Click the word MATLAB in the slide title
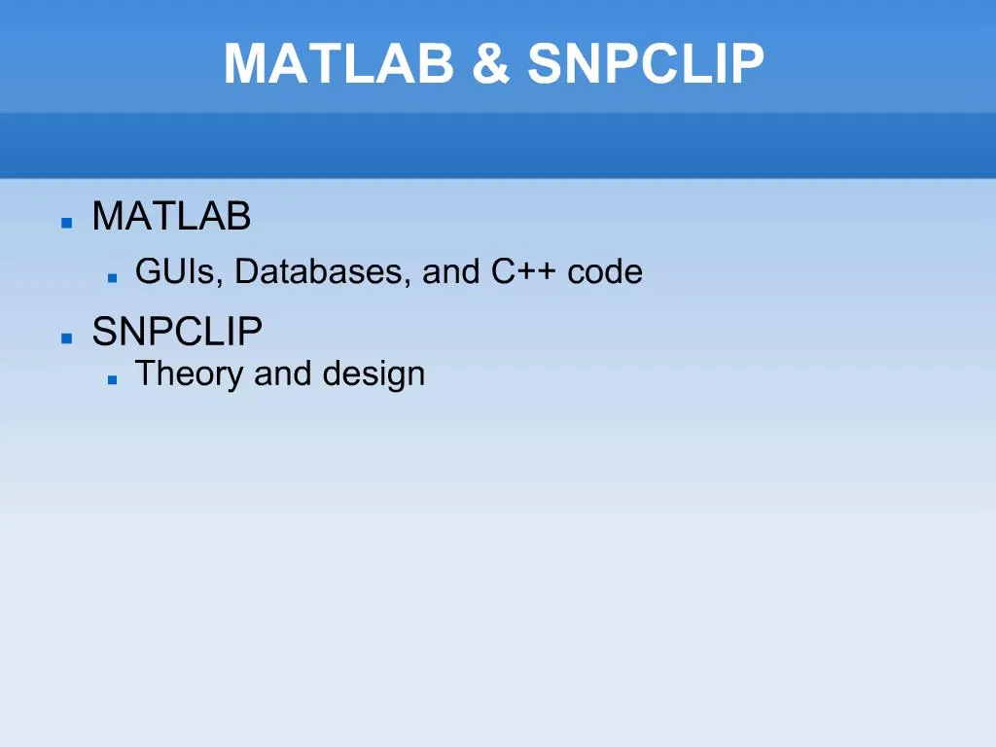pos(339,63)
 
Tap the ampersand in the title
pos(491,63)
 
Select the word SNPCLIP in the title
pos(646,63)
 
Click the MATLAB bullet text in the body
pos(171,216)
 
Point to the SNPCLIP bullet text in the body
pos(177,331)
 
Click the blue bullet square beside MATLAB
pos(67,223)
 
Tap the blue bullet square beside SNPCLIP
pos(67,338)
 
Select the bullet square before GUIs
pos(113,277)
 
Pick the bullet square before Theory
pos(113,380)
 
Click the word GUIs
pos(175,272)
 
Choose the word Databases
pos(319,272)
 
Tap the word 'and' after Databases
pos(450,272)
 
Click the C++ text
pos(523,272)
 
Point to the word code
pos(605,272)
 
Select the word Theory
pos(190,374)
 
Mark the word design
pos(373,374)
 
